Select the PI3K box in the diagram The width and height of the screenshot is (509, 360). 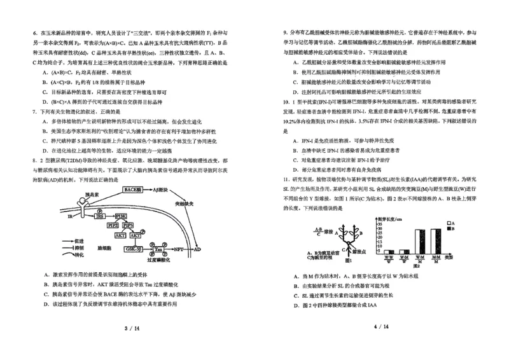120,216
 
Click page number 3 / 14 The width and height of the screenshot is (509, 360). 131,328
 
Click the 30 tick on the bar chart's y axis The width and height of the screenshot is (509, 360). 379,228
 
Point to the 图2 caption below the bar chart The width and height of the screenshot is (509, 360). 417,265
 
